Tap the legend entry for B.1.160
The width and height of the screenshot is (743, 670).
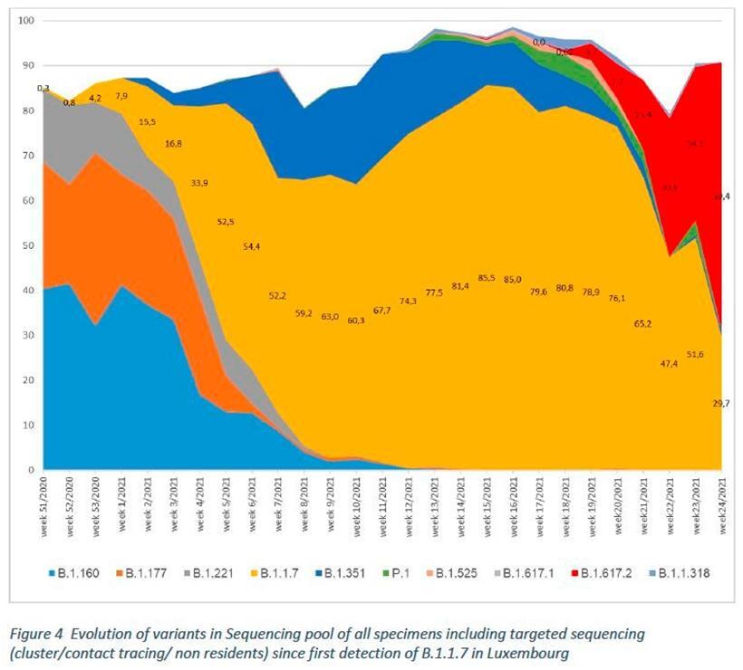tap(76, 573)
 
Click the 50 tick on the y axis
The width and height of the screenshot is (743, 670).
tap(28, 245)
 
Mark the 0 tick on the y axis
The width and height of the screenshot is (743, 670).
tap(31, 471)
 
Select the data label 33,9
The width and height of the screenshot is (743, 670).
tap(201, 182)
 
